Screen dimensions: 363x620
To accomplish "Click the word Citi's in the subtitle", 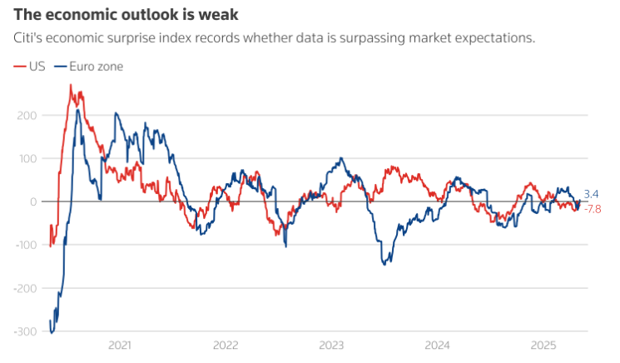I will click(27, 38).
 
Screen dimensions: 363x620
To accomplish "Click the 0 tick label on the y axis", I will click(32, 201).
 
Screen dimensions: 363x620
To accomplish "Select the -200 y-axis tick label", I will click(22, 288).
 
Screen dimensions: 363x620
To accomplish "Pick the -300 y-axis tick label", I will click(22, 331).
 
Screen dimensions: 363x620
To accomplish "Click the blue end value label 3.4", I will click(591, 194).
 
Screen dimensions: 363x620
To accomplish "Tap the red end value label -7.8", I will click(592, 208).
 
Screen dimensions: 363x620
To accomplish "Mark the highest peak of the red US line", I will click(70, 85).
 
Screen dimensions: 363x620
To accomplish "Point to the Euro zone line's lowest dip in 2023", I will click(384, 264).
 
